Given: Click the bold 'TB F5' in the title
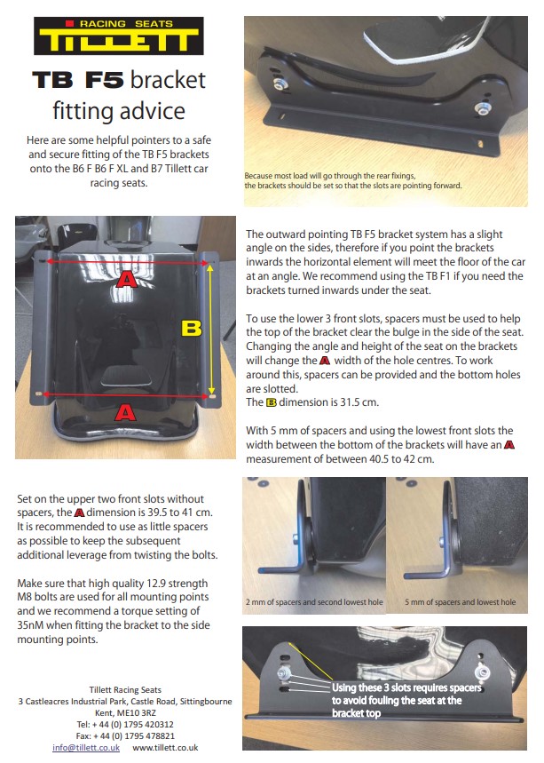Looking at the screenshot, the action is click(x=78, y=80).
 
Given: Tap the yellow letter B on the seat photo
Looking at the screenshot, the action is click(x=191, y=329).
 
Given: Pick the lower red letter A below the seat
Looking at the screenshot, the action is click(x=125, y=413).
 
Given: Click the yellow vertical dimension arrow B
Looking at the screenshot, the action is click(x=211, y=329).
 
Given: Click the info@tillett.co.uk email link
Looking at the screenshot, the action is click(x=86, y=747).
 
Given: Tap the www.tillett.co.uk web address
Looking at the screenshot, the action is click(x=165, y=747).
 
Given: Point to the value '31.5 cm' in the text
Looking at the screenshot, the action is click(x=360, y=402).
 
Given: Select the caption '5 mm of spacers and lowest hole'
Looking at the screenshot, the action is click(x=461, y=602).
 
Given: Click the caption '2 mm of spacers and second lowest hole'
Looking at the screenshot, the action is click(x=314, y=602).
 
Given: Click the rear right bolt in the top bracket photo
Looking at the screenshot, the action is click(x=481, y=109).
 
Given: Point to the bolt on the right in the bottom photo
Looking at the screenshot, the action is click(x=483, y=673).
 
